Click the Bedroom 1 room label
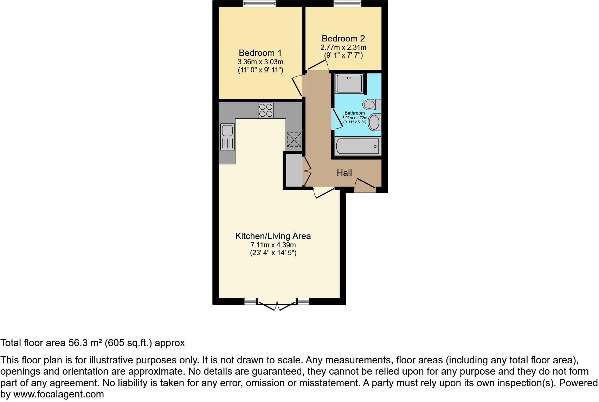click(260, 53)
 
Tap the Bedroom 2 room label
click(343, 39)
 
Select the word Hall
click(344, 173)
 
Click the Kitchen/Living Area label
click(273, 236)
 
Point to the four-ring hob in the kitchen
click(265, 110)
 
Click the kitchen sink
click(227, 130)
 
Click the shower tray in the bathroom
click(349, 83)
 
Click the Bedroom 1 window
click(259, 4)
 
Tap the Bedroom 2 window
click(347, 4)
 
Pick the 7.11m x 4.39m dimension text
click(273, 245)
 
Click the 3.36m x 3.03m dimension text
click(260, 62)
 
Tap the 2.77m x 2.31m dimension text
click(343, 47)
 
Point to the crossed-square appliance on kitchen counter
click(294, 140)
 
